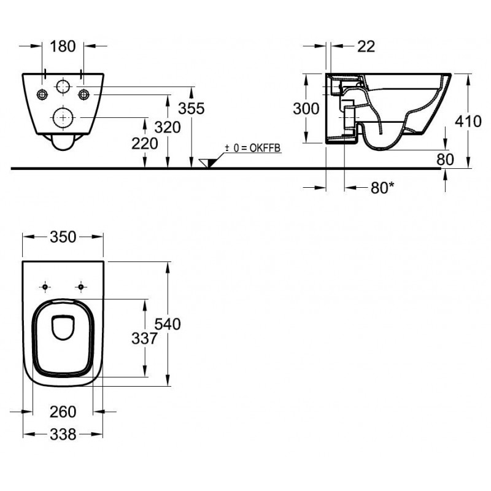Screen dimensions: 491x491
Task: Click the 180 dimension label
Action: coord(63,47)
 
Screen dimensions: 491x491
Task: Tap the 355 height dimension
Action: coord(191,109)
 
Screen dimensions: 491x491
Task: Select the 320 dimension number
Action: coord(168,127)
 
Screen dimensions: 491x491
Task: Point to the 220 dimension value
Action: coord(145,144)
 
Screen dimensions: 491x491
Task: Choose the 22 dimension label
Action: coord(366,47)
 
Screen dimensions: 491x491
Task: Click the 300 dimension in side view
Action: coord(306,109)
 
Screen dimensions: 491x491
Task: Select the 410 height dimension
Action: coord(468,121)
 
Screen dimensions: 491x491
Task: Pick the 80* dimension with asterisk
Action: coord(382,188)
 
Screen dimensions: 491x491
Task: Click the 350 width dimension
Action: coord(63,237)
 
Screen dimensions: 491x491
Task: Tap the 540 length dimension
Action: coord(168,324)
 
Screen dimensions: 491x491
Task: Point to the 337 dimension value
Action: coord(144,339)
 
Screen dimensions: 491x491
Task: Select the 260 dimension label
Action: coord(63,412)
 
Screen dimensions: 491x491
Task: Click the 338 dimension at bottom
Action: coord(63,435)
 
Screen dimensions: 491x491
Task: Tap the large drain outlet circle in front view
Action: coord(63,117)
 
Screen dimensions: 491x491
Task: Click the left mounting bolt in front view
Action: coord(42,95)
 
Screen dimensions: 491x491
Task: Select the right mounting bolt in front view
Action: coord(84,95)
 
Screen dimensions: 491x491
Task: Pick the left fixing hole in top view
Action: coord(45,287)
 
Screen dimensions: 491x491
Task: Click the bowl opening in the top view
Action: coord(63,328)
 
